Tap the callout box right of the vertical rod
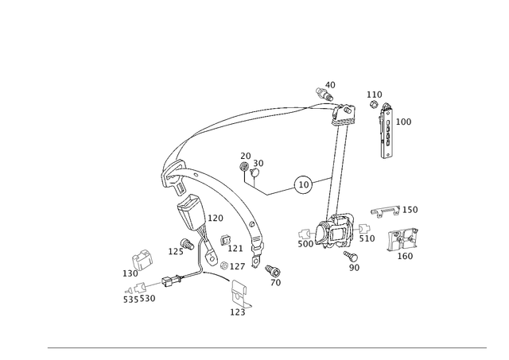[x=404, y=122]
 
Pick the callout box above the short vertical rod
[x=374, y=95]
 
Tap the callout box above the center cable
[x=251, y=161]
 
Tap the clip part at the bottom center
[x=239, y=296]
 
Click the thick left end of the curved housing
[x=169, y=171]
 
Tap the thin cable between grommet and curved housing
[x=270, y=191]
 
